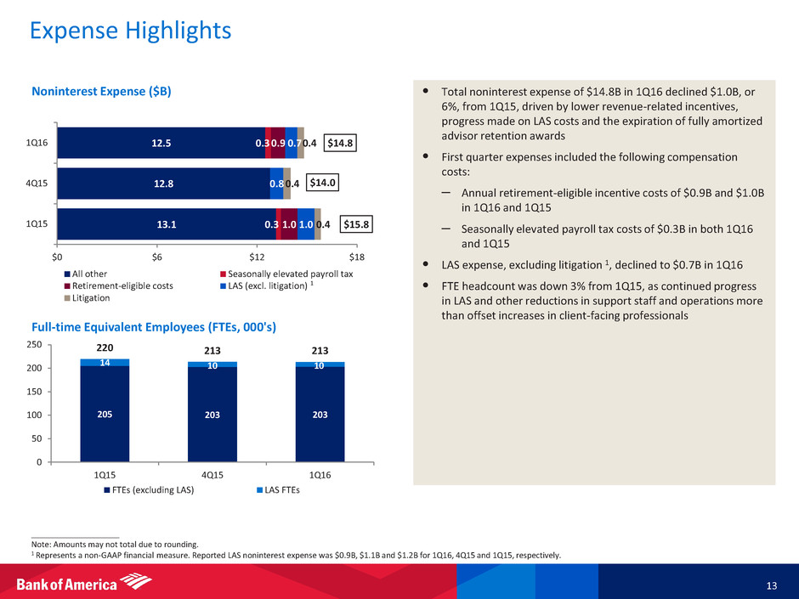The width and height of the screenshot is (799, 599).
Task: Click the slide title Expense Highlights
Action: point(130,31)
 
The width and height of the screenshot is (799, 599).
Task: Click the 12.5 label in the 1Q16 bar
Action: point(162,143)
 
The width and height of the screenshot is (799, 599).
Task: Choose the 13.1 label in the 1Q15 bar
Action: point(167,224)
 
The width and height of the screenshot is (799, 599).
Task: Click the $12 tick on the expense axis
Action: point(257,257)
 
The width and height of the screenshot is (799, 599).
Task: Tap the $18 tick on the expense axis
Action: point(356,257)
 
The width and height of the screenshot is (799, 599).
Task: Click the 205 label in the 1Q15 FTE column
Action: point(105,414)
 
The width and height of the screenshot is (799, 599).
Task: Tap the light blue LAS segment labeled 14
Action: point(105,363)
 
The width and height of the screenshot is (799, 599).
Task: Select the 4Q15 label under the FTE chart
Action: point(212,474)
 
